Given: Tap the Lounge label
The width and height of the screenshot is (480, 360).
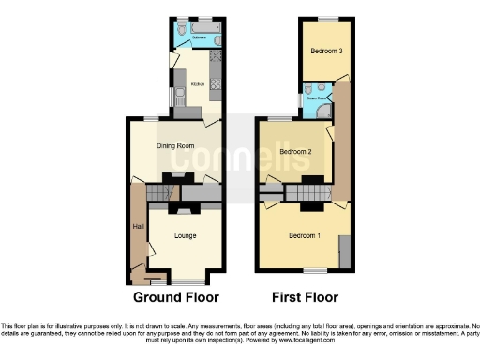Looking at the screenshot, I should (x=185, y=235).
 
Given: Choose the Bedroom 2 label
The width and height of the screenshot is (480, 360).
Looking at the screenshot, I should (x=294, y=151).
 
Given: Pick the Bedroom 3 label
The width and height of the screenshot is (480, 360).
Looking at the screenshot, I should (x=326, y=51).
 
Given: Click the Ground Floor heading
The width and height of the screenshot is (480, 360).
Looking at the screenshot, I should (x=175, y=297).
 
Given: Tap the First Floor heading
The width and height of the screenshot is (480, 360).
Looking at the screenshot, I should (x=305, y=297).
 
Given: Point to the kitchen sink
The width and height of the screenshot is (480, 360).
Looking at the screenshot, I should (x=173, y=97).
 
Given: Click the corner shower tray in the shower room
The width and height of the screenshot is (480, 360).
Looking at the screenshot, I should (x=323, y=110).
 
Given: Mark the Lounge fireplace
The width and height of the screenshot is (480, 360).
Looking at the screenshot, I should (x=186, y=209).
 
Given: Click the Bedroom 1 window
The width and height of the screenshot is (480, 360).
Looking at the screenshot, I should (x=315, y=271).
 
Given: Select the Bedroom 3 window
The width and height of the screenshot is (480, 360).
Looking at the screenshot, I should (x=326, y=18).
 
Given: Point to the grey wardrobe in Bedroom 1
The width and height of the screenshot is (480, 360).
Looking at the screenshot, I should (x=345, y=250).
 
